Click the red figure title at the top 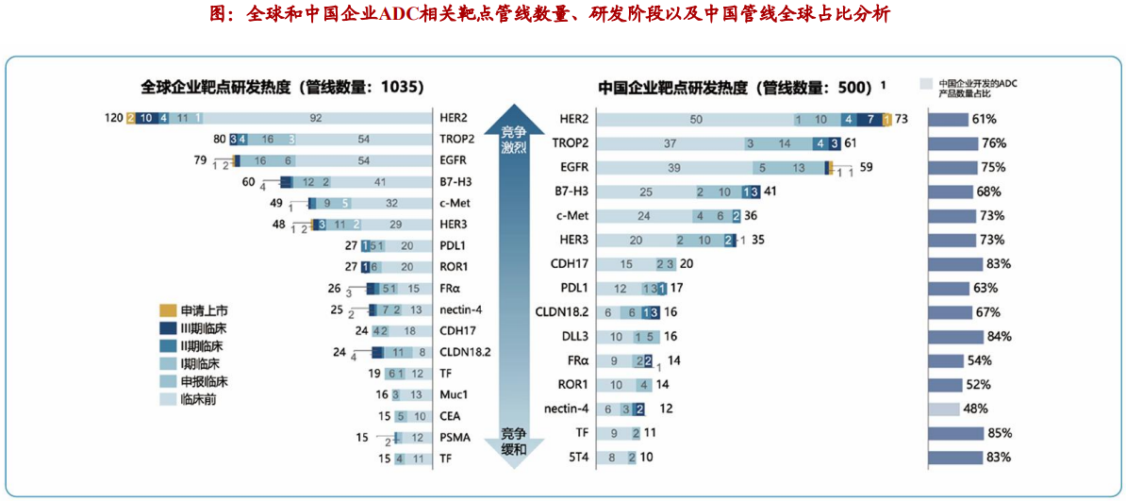[x=562, y=14]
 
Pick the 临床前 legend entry [x=197, y=399]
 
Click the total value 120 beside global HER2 [x=113, y=118]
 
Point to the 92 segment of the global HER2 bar [x=316, y=118]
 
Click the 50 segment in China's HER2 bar [x=696, y=119]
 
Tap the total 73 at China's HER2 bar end [x=902, y=119]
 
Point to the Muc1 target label [x=454, y=394]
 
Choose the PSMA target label [x=455, y=437]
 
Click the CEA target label [x=451, y=416]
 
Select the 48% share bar [x=944, y=409]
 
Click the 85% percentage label [x=999, y=433]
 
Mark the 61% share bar [x=949, y=120]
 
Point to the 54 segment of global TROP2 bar [x=363, y=139]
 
